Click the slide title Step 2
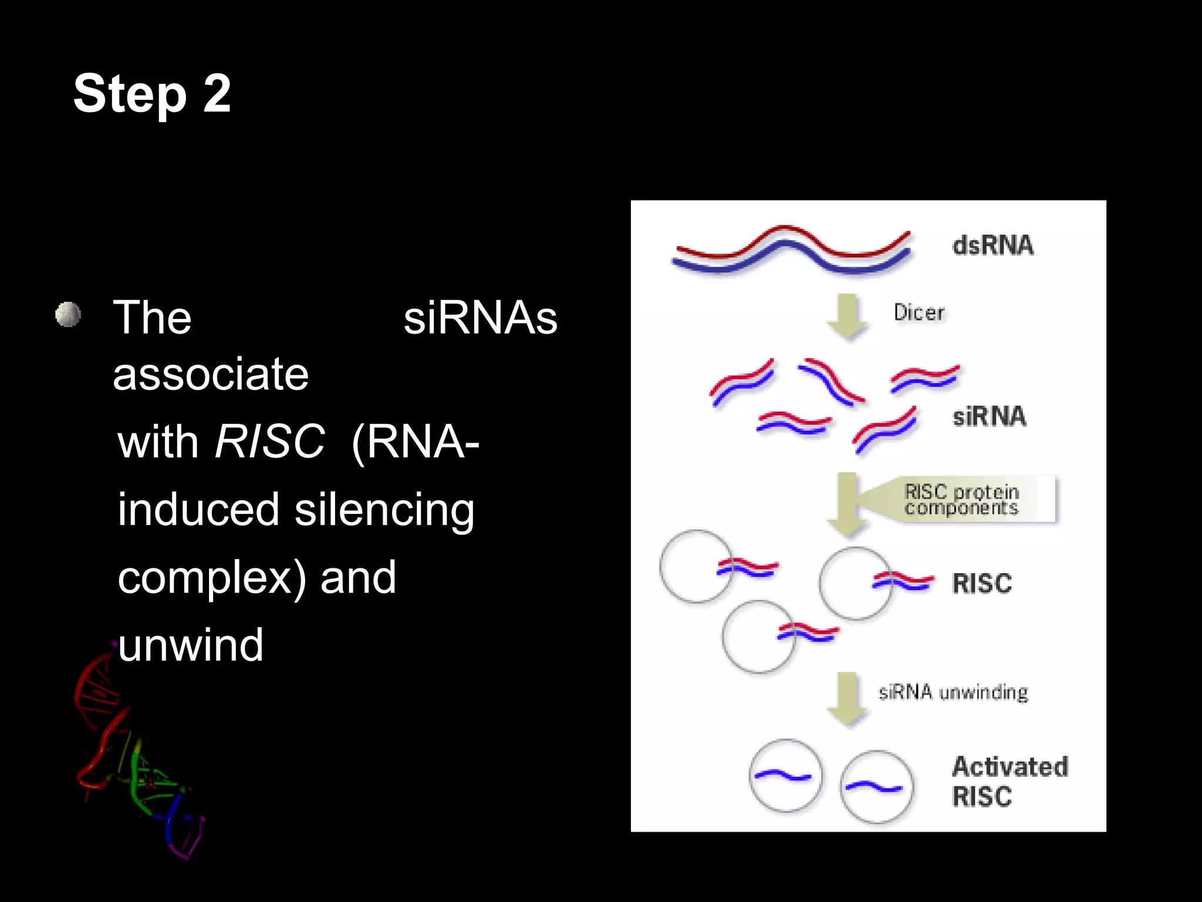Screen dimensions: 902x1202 152,94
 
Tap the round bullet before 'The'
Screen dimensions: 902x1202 68,315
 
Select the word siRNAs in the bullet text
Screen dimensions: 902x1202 480,318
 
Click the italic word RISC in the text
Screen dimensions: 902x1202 269,442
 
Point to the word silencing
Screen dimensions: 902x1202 384,510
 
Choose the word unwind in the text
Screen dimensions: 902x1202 191,645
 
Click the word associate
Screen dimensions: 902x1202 211,374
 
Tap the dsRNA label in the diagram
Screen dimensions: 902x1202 992,245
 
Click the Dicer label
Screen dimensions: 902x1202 919,312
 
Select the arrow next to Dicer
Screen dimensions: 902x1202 847,316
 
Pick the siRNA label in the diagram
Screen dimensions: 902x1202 989,416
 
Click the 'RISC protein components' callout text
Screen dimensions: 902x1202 961,500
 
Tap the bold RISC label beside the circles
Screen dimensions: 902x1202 982,584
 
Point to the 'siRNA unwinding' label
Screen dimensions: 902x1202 953,692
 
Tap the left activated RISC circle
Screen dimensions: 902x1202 785,776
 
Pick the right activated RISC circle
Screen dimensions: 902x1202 876,787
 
